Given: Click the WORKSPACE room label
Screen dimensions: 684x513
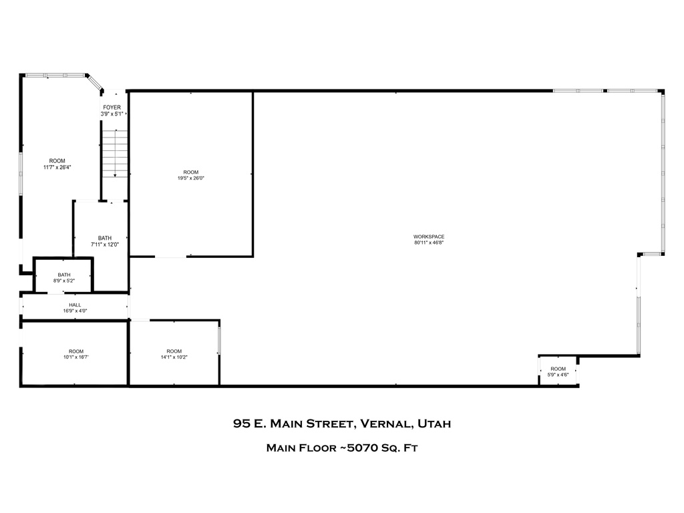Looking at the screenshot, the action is pos(429,236).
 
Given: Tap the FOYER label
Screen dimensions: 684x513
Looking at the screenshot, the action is pos(112,108).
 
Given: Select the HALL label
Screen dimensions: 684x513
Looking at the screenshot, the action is pos(75,305).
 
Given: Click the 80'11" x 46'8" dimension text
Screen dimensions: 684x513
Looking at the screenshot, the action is pos(429,242).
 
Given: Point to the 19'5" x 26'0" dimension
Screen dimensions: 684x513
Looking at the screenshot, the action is pos(190,178).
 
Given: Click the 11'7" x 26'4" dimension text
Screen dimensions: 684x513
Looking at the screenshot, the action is pos(57,167).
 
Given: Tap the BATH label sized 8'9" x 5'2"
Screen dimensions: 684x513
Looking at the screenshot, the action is pos(64,275).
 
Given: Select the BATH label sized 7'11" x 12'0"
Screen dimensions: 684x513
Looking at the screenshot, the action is pos(105,238).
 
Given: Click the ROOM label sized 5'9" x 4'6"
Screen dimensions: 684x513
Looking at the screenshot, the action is pos(558,369).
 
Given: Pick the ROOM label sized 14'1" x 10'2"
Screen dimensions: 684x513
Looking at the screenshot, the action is pos(174,351).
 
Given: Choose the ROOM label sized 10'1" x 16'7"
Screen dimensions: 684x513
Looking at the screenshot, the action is pos(76,351).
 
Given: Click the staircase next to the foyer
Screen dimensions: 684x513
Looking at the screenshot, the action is pos(115,154).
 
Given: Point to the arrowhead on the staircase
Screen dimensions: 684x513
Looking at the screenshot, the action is pos(115,176).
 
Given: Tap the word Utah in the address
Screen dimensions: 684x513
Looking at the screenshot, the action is pos(434,423).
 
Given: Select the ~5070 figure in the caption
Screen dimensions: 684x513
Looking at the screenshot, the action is pos(357,448).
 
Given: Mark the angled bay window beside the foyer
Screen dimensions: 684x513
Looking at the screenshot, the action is pos(95,83).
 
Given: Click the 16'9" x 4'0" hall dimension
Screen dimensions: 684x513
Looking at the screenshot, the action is pos(75,311).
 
